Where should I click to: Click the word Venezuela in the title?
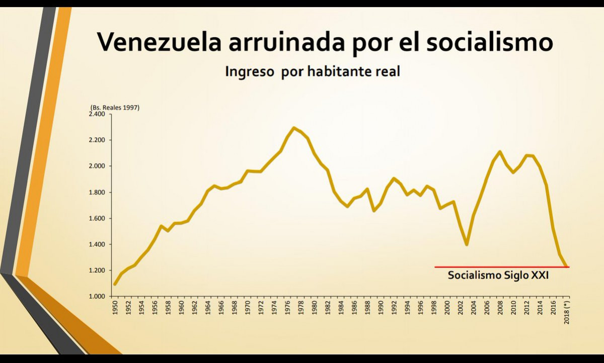point(159,42)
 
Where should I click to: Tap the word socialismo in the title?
point(489,42)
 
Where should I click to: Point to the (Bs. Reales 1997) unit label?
point(115,108)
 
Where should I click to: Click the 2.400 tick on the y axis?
point(97,114)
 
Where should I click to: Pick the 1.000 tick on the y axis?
point(97,297)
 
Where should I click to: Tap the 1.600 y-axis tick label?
point(97,219)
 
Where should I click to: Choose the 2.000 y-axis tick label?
point(97,166)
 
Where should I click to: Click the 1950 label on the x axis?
point(115,308)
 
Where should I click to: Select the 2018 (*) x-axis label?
point(567,313)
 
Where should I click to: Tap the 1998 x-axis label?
point(434,308)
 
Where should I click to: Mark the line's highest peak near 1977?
point(294,128)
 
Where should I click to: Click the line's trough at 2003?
point(467,245)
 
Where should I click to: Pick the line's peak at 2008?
point(500,151)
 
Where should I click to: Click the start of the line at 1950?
point(115,285)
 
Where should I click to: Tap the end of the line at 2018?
point(567,266)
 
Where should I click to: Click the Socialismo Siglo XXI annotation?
point(498,276)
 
